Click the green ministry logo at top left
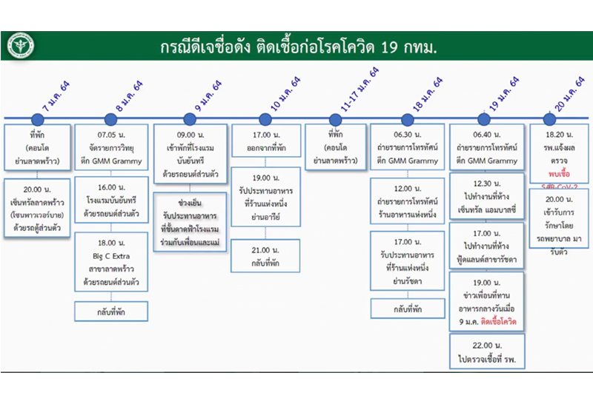tap(21, 47)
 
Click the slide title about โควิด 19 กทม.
tap(296, 47)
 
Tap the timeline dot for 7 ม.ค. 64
tap(38, 118)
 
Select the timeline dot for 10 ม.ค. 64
tap(265, 118)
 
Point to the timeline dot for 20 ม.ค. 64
tap(549, 118)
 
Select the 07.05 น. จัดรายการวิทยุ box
tap(111, 147)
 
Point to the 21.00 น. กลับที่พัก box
tap(265, 255)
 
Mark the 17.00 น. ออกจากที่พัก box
tap(265, 141)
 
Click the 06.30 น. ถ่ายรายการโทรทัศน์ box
tap(406, 147)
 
